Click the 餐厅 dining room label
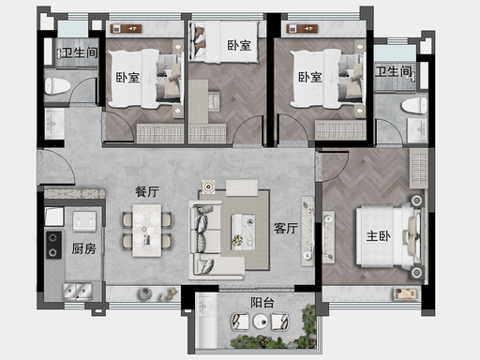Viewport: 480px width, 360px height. (x=147, y=191)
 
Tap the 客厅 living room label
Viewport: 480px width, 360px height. (x=286, y=229)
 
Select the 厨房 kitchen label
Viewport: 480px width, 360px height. (x=83, y=248)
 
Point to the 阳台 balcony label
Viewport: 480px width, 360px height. (x=262, y=303)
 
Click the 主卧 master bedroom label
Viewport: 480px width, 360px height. (x=378, y=236)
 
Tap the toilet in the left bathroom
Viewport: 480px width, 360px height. (x=57, y=86)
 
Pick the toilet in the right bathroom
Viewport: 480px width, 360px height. (x=413, y=106)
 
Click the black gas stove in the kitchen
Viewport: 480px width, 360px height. (x=54, y=245)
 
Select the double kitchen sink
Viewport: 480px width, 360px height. (x=77, y=292)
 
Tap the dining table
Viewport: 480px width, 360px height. (x=147, y=231)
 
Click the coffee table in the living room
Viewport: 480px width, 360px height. (x=243, y=232)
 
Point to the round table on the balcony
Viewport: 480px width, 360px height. (x=261, y=321)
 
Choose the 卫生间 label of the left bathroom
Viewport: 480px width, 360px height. (x=80, y=52)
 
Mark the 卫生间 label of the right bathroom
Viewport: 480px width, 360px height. (x=393, y=71)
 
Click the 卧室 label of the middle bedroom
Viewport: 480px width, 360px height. (x=239, y=46)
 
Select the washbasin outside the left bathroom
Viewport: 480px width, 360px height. (x=54, y=124)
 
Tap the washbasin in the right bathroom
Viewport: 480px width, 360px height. (x=416, y=129)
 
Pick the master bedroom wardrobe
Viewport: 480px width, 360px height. (x=419, y=169)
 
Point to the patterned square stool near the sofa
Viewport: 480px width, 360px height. (x=208, y=187)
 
